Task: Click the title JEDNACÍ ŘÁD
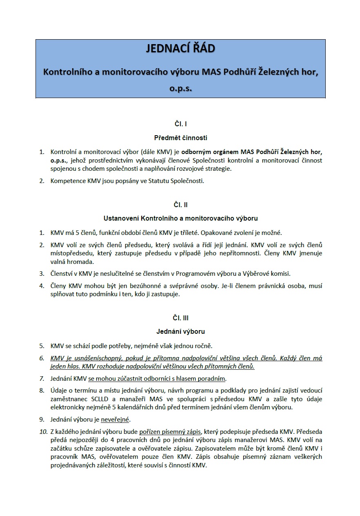[x=180, y=49]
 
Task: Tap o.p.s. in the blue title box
[x=180, y=88]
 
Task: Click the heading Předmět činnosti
[x=180, y=138]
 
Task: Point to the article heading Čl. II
[x=180, y=204]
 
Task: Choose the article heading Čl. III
[x=180, y=317]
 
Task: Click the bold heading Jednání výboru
[x=180, y=331]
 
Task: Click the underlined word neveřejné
[x=116, y=420]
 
